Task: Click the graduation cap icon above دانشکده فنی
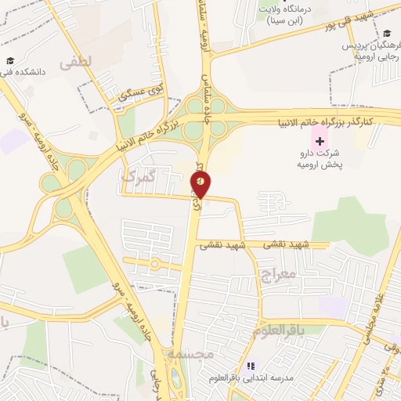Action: point(10,61)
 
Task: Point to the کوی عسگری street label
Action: point(143,93)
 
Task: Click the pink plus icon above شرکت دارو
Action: point(319,140)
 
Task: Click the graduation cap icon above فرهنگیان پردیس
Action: point(386,34)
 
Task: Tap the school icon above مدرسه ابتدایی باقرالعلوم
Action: point(251,366)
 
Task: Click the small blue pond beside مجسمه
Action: point(175,381)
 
